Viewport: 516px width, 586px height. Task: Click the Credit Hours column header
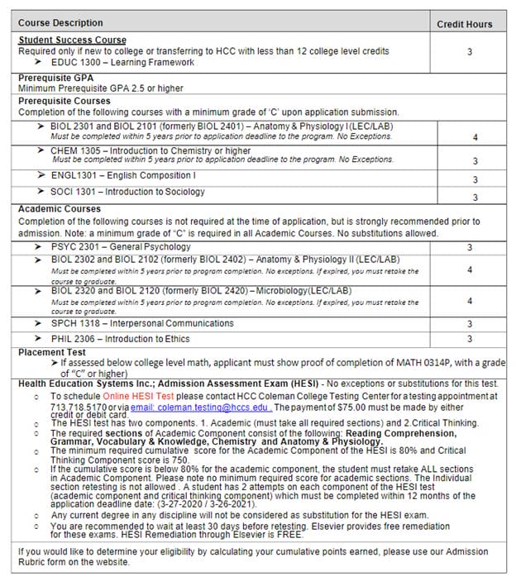464,24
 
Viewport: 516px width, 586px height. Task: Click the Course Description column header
60,23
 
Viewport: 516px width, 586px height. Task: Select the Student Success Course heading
73,40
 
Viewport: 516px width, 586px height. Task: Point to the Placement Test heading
53,353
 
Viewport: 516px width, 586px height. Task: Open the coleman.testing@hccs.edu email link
201,407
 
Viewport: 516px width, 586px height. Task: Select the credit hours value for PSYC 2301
470,247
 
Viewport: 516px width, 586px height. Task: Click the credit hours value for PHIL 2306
470,339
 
